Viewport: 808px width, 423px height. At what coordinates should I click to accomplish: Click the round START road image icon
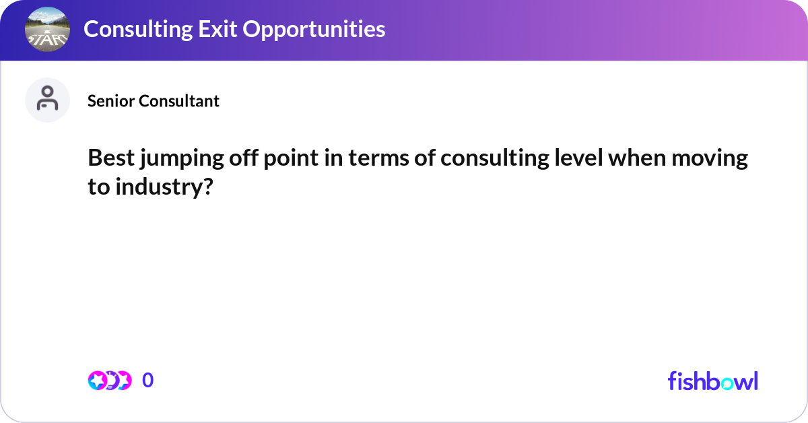pyautogui.click(x=46, y=30)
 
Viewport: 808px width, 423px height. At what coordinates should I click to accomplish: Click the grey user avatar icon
pyautogui.click(x=47, y=100)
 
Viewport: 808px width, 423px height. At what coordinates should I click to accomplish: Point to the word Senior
pyautogui.click(x=111, y=101)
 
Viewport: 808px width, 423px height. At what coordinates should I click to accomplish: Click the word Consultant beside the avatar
pyautogui.click(x=179, y=101)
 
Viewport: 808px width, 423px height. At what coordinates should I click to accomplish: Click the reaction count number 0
pyautogui.click(x=148, y=381)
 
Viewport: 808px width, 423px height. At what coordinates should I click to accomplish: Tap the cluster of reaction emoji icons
pyautogui.click(x=109, y=381)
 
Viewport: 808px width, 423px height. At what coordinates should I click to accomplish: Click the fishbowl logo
pyautogui.click(x=712, y=381)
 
